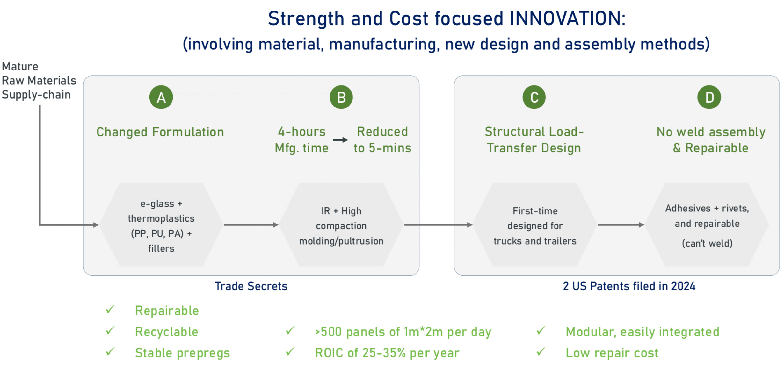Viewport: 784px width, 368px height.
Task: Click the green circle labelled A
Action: [x=161, y=97]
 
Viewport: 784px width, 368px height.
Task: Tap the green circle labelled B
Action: [x=341, y=97]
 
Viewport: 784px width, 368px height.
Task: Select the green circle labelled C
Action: [x=534, y=97]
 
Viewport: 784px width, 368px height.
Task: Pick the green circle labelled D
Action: [x=709, y=97]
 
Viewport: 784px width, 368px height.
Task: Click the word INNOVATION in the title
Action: [x=567, y=18]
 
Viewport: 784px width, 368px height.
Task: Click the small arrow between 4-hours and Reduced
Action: [x=340, y=140]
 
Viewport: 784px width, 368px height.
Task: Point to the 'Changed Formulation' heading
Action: [x=160, y=132]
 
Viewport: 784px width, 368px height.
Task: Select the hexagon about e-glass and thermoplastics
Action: [x=161, y=225]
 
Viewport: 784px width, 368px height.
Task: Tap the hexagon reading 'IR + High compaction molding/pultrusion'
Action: [x=341, y=225]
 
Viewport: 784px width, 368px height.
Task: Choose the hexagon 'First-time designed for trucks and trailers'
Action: [x=535, y=225]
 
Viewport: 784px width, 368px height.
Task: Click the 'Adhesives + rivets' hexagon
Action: [x=707, y=225]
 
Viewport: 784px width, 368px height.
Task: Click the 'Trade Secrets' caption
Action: [x=251, y=286]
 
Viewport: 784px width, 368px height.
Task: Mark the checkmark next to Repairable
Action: [x=110, y=310]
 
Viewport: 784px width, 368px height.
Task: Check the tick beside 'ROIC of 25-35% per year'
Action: [x=290, y=352]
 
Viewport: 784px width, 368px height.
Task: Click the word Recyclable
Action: [x=166, y=332]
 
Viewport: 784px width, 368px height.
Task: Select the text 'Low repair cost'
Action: [x=612, y=353]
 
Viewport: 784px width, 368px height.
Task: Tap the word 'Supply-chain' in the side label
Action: [x=36, y=95]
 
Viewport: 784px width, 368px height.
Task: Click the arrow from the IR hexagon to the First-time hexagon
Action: [x=438, y=225]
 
